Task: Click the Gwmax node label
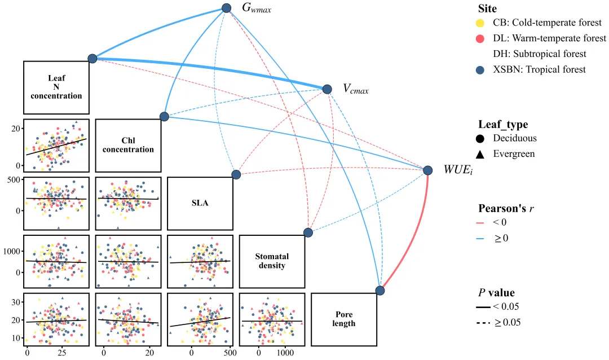(257, 8)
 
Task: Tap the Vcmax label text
(355, 89)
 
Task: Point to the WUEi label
(458, 170)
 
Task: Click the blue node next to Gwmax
(227, 8)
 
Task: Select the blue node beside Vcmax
(327, 89)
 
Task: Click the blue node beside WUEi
(427, 170)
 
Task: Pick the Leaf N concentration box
(56, 87)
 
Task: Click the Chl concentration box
(128, 146)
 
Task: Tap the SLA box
(200, 203)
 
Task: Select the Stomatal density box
(272, 261)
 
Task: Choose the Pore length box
(344, 319)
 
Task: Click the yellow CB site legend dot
(480, 23)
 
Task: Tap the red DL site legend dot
(480, 38)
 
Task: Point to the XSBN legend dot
(480, 70)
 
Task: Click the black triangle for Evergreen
(480, 155)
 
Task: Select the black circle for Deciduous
(480, 138)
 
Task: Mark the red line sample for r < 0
(480, 223)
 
